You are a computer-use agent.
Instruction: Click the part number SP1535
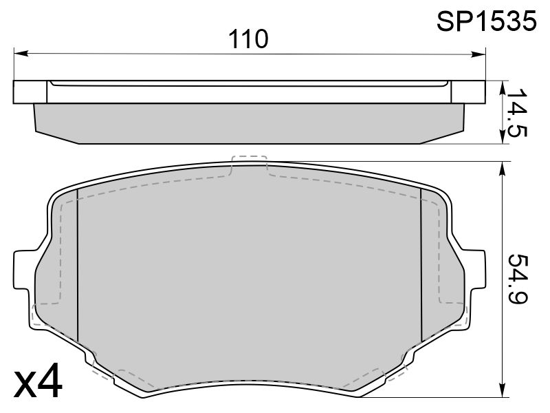pyautogui.click(x=486, y=21)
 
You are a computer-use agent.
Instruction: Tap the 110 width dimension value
pyautogui.click(x=248, y=39)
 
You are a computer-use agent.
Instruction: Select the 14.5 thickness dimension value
pyautogui.click(x=517, y=112)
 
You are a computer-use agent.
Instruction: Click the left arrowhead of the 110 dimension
pyautogui.click(x=21, y=54)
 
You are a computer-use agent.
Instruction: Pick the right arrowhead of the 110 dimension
pyautogui.click(x=478, y=54)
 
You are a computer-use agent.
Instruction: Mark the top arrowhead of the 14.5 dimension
pyautogui.click(x=503, y=88)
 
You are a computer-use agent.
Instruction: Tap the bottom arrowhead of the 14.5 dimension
pyautogui.click(x=503, y=136)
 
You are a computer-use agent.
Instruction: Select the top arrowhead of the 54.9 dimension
pyautogui.click(x=503, y=169)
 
